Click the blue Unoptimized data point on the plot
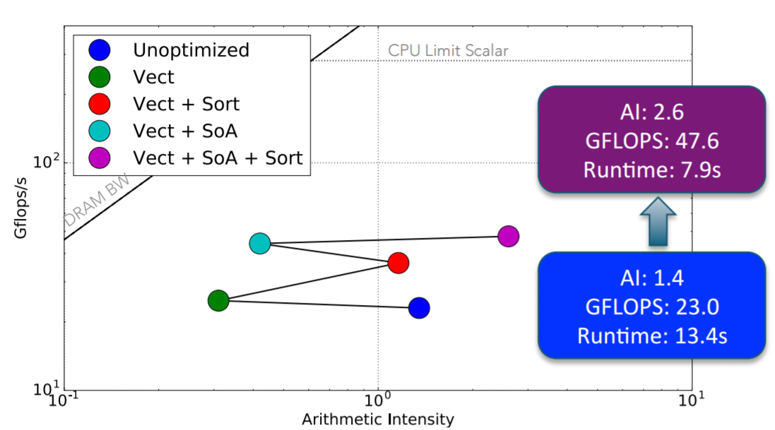coord(419,308)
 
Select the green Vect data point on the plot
coord(218,300)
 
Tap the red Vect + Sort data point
coord(398,263)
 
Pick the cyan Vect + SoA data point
coord(260,243)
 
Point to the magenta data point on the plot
coord(509,237)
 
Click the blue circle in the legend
coord(100,50)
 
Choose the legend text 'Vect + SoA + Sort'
coord(218,158)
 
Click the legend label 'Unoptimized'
coord(191,50)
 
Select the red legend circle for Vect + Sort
coord(100,104)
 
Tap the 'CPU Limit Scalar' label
coord(448,50)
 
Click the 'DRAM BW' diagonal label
coord(97,200)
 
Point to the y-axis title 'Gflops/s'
coord(20,208)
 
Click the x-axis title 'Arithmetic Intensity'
coord(378,419)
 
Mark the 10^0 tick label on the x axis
coord(378,398)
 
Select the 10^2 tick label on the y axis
coord(46,161)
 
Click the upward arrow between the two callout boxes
coord(658,222)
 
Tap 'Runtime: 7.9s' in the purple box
coord(652,170)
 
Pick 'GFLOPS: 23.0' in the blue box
coord(652,307)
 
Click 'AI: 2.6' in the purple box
coord(652,112)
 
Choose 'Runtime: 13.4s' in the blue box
coord(652,336)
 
